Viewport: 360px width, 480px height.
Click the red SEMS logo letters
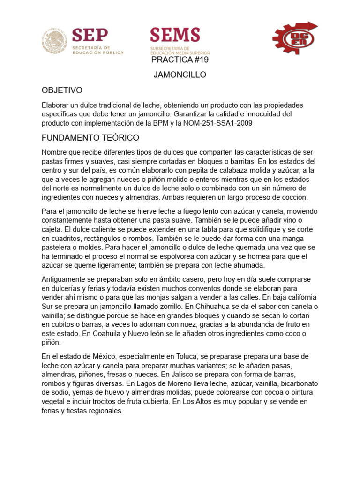175,35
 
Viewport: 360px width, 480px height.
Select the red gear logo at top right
294,38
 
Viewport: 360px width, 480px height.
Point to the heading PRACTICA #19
180,60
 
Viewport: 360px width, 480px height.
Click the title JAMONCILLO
180,75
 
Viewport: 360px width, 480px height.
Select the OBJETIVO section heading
62,90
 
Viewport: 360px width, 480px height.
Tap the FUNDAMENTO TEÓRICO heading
90,138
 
